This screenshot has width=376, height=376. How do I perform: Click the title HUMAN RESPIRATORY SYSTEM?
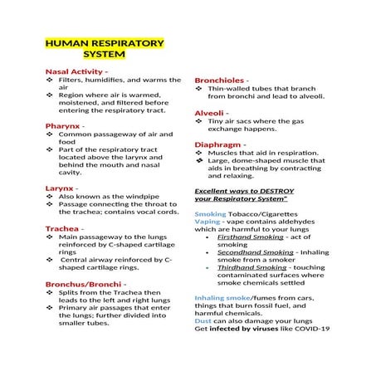104,49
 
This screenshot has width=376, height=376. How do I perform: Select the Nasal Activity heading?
74,71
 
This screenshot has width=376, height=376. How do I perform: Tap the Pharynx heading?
63,125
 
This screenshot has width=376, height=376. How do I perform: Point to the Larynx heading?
61,188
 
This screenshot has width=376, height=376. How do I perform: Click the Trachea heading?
63,227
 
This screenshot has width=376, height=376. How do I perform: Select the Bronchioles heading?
219,80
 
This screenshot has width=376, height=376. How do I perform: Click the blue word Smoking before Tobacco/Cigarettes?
209,214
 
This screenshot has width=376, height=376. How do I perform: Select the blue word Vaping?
208,222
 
